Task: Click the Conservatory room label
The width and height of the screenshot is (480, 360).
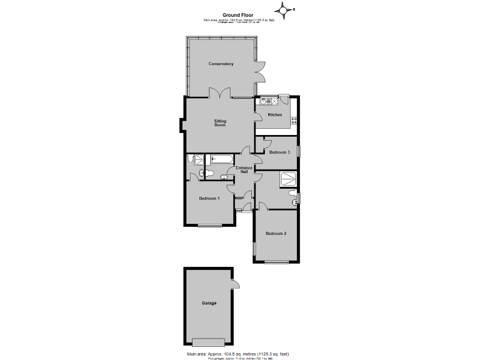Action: coord(221,64)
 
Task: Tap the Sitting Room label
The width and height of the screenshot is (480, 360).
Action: coord(220,122)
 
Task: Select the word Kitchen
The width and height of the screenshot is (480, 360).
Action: coord(275,115)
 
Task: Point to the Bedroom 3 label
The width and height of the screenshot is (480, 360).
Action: coord(279,152)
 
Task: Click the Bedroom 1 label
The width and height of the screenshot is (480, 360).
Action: coord(209,199)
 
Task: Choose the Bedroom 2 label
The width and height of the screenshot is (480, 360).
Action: coord(276,234)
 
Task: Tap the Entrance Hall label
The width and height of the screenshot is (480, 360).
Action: coord(244,170)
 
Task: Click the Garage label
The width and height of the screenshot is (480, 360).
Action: coord(209,303)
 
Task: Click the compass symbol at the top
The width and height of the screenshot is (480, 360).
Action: coord(284,9)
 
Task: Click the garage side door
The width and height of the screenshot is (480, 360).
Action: coord(235,285)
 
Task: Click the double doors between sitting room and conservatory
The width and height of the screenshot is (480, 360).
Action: coord(219,94)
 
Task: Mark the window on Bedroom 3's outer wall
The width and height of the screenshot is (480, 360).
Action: coord(299,151)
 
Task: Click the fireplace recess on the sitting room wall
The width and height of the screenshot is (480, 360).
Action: coord(182,125)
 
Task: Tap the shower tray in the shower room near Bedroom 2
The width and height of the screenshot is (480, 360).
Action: coord(287,179)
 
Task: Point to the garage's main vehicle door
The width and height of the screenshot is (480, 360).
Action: coord(209,342)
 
